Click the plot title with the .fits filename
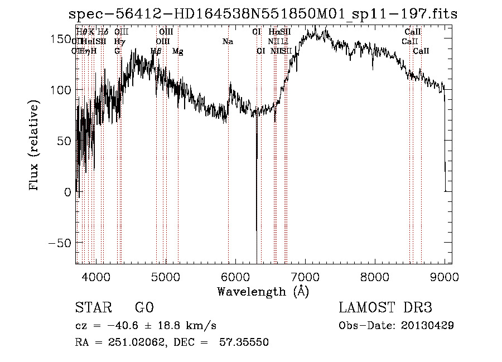[x=263, y=15]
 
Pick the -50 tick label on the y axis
[x=59, y=243]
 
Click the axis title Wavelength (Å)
[x=263, y=291]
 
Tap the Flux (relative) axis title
[x=35, y=147]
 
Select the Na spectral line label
[x=228, y=42]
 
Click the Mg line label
[x=178, y=51]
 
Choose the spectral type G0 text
[x=144, y=308]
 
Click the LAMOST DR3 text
[x=385, y=308]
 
